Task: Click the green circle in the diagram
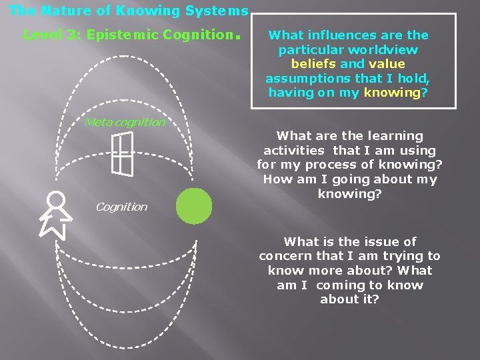pos(193,206)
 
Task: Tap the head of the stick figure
pos(56,199)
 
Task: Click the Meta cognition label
pos(125,122)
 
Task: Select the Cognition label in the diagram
pos(121,207)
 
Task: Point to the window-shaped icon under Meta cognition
pos(122,154)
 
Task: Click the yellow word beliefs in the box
pos(313,64)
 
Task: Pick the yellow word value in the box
pos(387,64)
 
